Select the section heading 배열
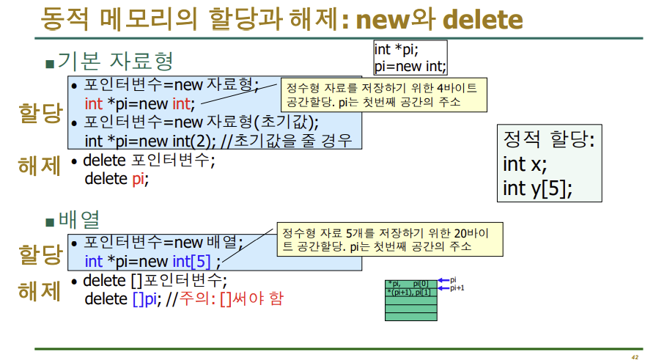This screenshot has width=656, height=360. click(78, 219)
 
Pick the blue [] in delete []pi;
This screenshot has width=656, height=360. click(139, 298)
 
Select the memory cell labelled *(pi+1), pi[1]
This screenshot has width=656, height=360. click(410, 292)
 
